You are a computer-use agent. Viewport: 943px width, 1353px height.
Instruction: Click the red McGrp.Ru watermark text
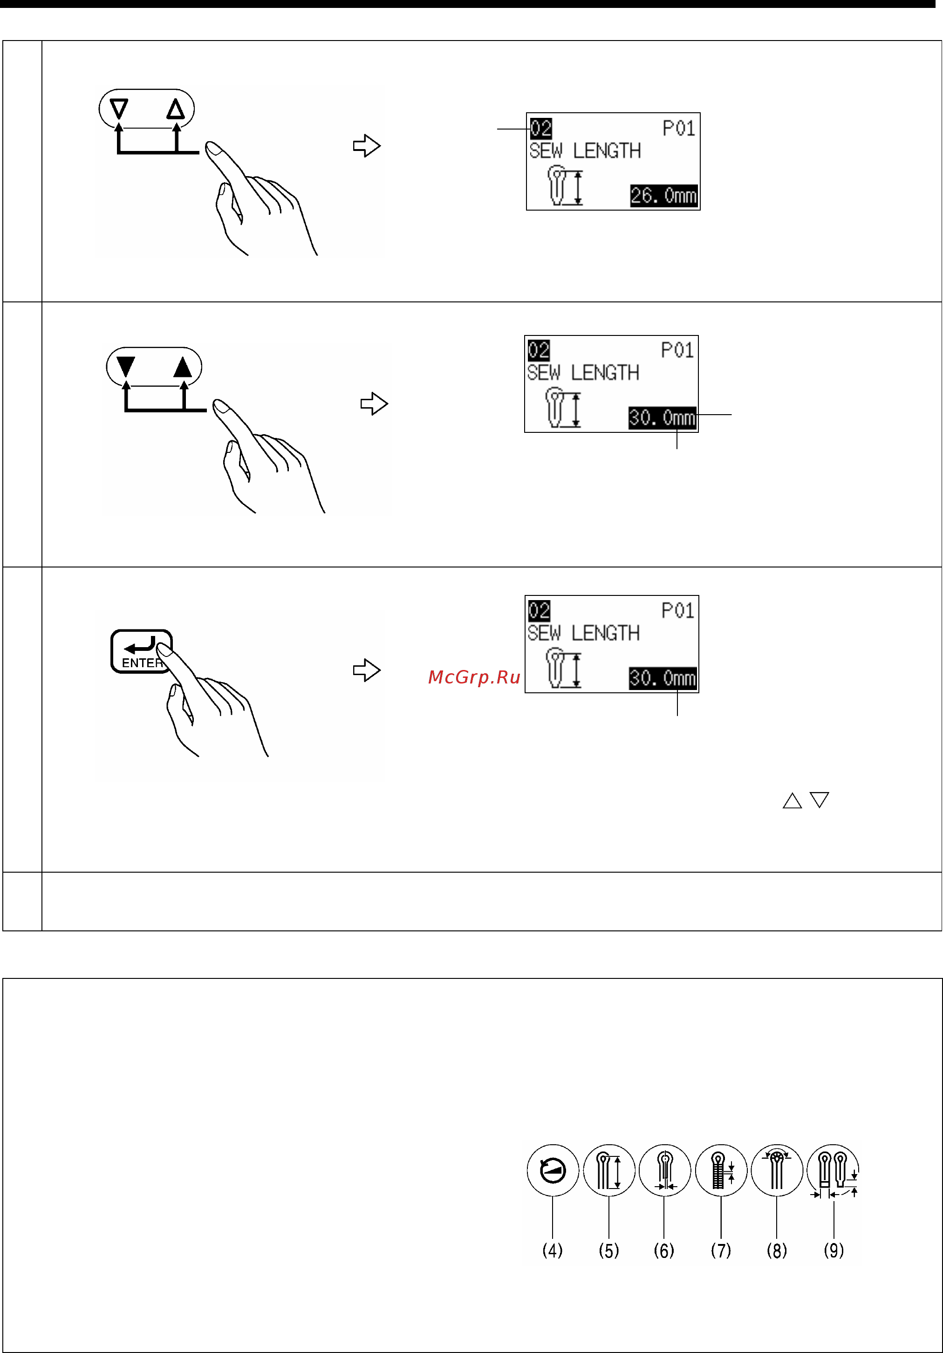[x=474, y=678]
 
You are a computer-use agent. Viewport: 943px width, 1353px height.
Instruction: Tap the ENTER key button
[x=142, y=651]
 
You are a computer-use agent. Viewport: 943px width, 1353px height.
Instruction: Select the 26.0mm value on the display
[x=663, y=196]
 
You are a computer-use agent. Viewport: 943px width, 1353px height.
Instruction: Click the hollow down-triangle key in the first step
[x=119, y=109]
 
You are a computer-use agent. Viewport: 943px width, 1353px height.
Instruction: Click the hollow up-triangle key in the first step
[x=176, y=109]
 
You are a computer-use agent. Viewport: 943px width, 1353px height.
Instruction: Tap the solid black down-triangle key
[x=125, y=367]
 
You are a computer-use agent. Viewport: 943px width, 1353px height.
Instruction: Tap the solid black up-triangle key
[x=183, y=367]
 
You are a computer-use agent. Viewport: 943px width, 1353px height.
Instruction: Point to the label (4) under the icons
[x=552, y=1250]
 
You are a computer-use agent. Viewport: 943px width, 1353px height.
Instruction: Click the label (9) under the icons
[x=834, y=1250]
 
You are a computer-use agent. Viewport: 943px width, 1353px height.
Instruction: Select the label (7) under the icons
[x=721, y=1250]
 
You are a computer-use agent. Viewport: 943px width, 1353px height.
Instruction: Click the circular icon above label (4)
[x=552, y=1170]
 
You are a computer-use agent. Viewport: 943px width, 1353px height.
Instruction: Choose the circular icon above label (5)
[x=609, y=1170]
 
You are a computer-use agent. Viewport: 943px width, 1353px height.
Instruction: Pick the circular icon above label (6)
[x=664, y=1170]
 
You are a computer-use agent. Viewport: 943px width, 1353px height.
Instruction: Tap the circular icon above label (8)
[x=777, y=1170]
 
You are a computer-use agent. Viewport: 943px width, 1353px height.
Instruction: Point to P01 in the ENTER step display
[x=678, y=610]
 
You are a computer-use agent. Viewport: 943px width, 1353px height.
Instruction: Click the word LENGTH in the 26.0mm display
[x=607, y=151]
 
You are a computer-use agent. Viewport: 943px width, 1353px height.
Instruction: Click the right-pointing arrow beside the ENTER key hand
[x=367, y=670]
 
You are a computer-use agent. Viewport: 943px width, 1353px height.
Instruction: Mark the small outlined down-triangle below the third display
[x=819, y=799]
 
